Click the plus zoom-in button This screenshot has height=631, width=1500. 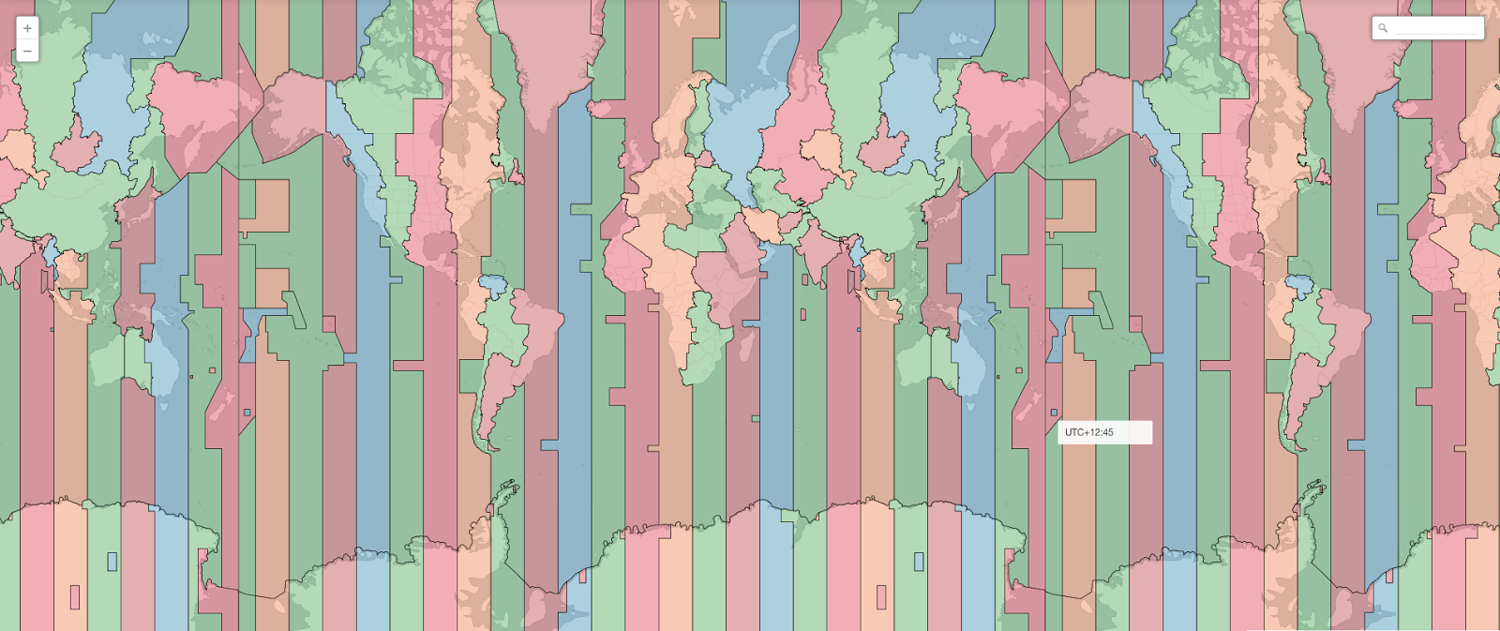click(x=27, y=29)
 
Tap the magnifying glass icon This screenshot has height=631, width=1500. click(x=1383, y=28)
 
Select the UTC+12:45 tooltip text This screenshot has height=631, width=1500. click(x=1089, y=432)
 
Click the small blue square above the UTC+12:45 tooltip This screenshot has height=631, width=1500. click(x=1054, y=413)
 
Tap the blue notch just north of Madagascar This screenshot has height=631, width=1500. click(x=750, y=323)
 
